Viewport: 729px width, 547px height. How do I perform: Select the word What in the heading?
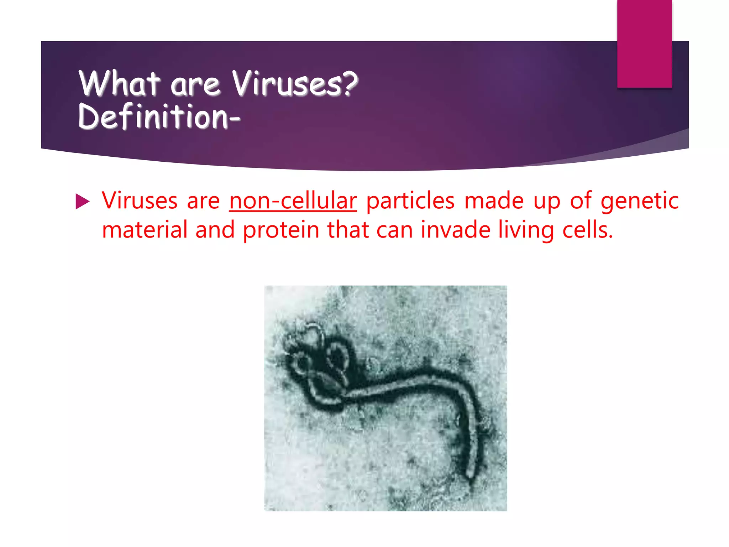(119, 84)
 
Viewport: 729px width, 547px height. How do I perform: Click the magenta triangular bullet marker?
(82, 202)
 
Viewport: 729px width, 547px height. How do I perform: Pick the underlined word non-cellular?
(293, 201)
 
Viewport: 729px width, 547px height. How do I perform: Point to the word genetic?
(640, 201)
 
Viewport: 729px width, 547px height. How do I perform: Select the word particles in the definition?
(410, 201)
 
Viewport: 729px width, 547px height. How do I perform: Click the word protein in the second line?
(281, 230)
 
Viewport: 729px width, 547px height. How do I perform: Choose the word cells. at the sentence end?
(588, 230)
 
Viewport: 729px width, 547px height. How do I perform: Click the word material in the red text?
(145, 230)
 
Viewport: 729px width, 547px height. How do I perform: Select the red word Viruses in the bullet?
(140, 201)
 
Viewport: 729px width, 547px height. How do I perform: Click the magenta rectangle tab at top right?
(644, 43)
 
